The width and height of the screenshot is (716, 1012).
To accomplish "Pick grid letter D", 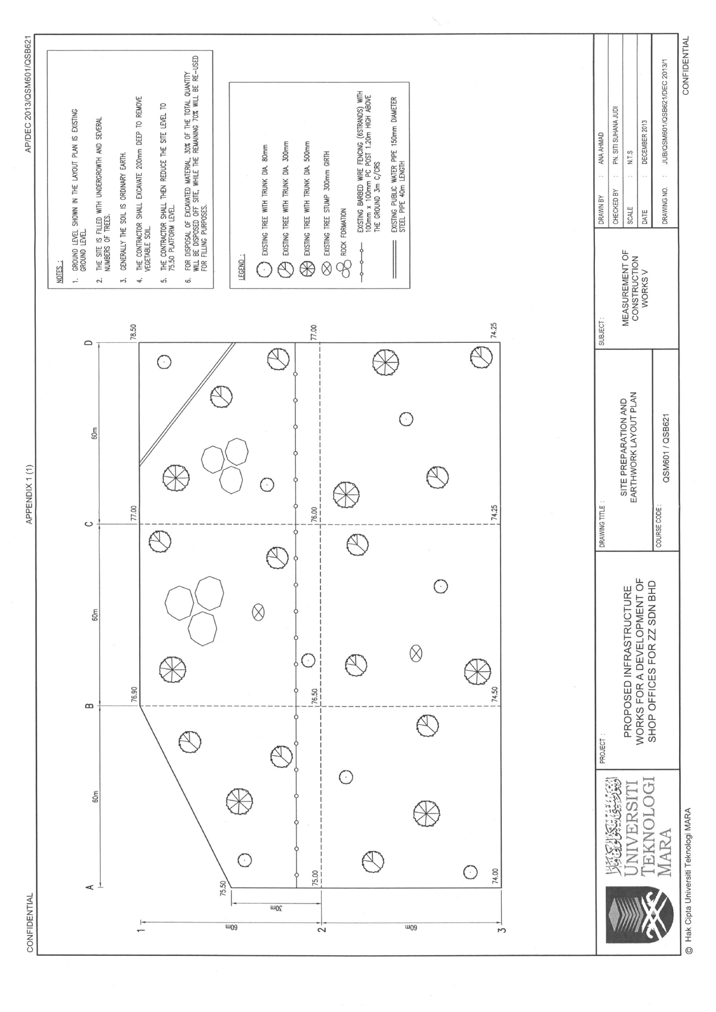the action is [x=89, y=342].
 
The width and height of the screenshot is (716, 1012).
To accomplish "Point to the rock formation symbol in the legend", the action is [x=346, y=271].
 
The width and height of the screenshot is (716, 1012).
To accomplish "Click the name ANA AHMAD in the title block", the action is [x=602, y=149].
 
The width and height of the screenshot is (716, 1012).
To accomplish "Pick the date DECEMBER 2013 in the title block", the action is [x=644, y=143].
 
